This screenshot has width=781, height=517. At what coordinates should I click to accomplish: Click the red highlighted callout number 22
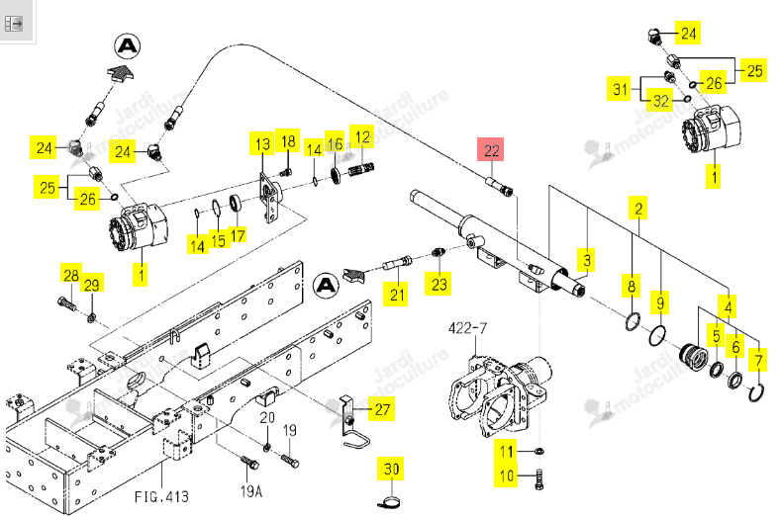coord(491,149)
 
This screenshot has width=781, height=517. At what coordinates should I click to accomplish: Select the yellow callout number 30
coord(392,469)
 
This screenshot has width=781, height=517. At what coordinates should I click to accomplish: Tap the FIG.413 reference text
coord(162,496)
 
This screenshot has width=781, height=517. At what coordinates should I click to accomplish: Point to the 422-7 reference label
coord(467,328)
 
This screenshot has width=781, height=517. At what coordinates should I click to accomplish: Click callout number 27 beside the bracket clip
coord(382,409)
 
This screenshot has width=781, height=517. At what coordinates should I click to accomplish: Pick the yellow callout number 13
coord(262,144)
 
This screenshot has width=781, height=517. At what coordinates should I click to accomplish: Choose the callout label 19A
coord(251,491)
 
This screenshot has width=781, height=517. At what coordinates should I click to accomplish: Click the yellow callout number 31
coord(620,89)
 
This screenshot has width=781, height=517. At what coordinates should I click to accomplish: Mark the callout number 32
coord(660,101)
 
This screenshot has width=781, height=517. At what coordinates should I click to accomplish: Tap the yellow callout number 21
coord(397,294)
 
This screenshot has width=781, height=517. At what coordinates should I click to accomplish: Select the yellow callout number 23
coord(439,284)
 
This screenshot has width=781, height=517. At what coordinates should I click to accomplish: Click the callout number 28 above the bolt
coord(71,275)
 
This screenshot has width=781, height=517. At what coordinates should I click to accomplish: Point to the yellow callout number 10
coord(507,475)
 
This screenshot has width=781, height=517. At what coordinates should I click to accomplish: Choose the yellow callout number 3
coord(587,259)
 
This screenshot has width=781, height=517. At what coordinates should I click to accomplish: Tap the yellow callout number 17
coord(239,235)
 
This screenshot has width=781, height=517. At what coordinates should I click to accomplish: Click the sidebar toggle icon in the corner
coord(14,23)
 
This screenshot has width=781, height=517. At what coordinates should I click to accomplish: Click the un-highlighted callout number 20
coord(267,417)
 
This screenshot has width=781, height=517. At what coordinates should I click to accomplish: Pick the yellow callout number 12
coord(362,136)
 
